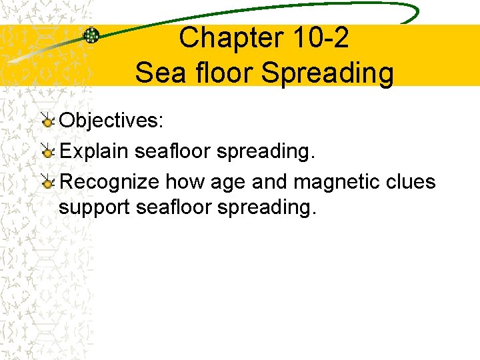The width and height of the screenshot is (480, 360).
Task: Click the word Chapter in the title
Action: [x=224, y=39]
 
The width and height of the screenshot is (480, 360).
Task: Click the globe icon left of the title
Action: [x=91, y=35]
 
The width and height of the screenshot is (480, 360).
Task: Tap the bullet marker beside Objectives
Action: [x=47, y=121]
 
